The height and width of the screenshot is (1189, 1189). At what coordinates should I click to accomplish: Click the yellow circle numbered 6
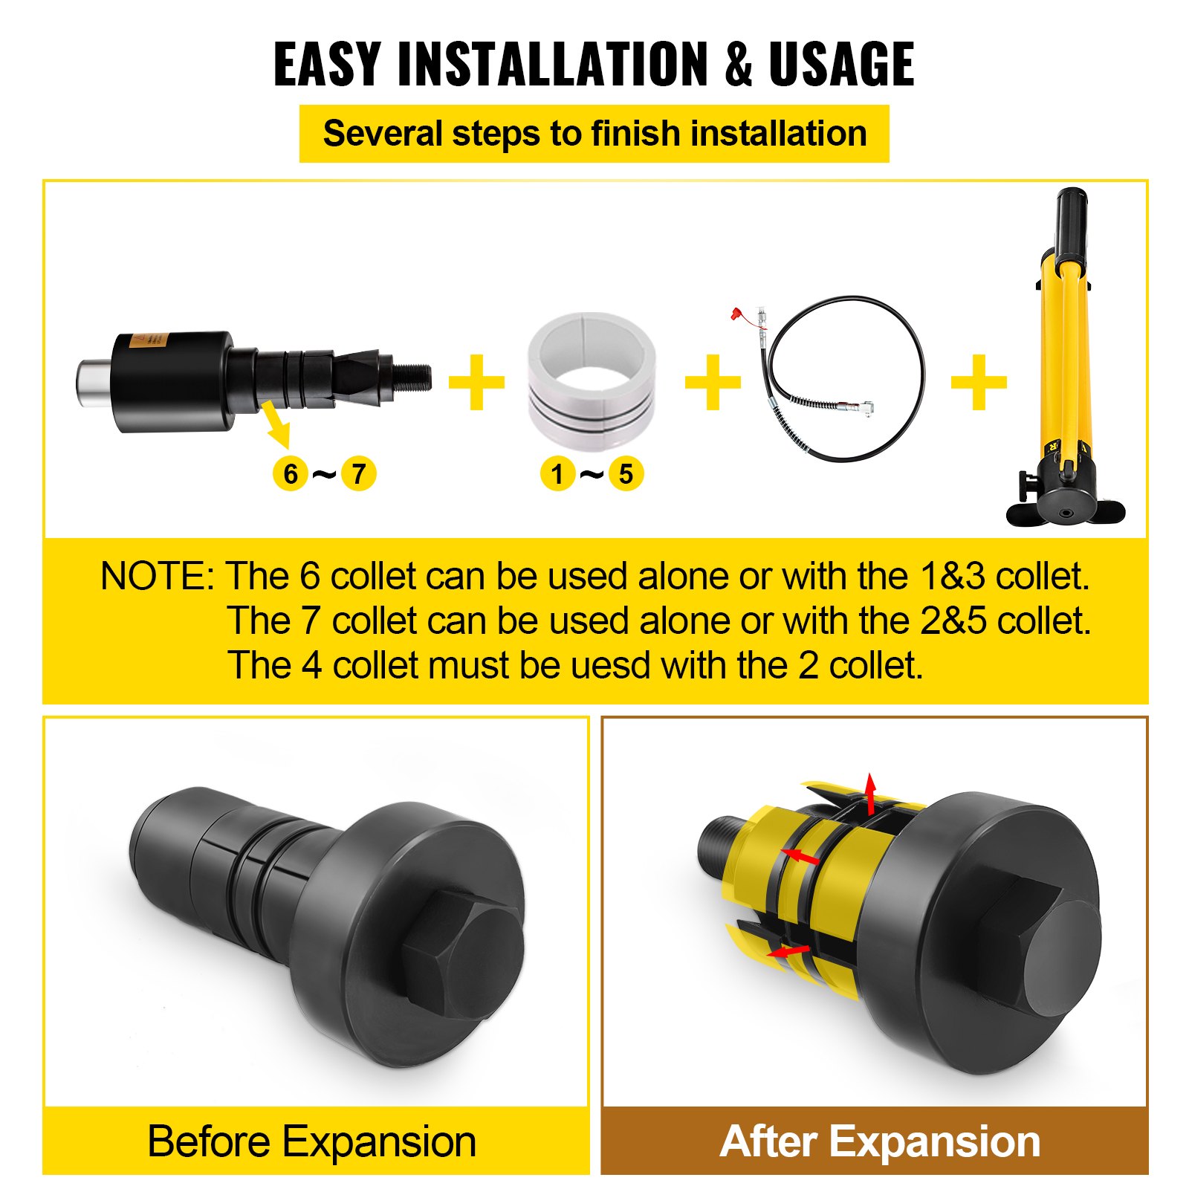[291, 473]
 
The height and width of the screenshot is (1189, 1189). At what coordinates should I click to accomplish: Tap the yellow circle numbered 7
[359, 473]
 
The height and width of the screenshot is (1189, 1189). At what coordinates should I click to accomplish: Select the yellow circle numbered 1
[557, 473]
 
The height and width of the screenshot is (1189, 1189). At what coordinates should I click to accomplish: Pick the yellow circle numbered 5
[626, 473]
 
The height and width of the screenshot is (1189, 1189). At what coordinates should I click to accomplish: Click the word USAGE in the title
[841, 65]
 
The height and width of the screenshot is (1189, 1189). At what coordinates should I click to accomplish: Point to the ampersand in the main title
[739, 65]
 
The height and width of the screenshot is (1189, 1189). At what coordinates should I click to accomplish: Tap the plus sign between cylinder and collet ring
[476, 382]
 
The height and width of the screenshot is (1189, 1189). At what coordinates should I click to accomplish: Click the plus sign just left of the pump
[979, 382]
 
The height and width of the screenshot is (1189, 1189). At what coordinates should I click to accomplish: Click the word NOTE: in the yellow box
[158, 576]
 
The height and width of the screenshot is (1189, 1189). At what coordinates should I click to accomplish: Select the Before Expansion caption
[312, 1141]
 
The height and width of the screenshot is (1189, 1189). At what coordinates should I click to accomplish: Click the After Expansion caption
[880, 1141]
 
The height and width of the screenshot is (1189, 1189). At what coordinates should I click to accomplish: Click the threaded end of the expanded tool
[717, 847]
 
